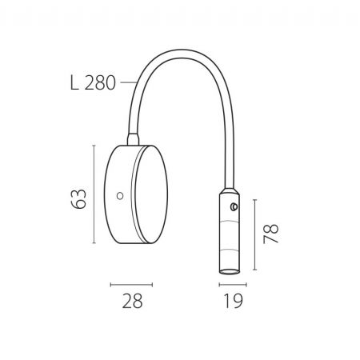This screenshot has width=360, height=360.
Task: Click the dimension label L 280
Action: click(x=93, y=83)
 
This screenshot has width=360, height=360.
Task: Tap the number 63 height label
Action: click(x=78, y=199)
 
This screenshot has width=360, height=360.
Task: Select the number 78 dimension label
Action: click(x=270, y=234)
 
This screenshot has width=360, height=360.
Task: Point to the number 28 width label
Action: click(x=132, y=301)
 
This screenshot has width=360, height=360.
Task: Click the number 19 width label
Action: click(x=233, y=301)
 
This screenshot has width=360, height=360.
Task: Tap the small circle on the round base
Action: click(x=120, y=196)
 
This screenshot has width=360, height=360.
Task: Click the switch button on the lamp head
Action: click(x=234, y=206)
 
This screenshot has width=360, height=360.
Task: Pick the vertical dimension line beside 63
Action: click(x=94, y=194)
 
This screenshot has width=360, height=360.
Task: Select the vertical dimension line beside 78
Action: click(x=255, y=234)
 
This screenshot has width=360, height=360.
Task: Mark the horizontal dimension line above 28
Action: click(x=131, y=285)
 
